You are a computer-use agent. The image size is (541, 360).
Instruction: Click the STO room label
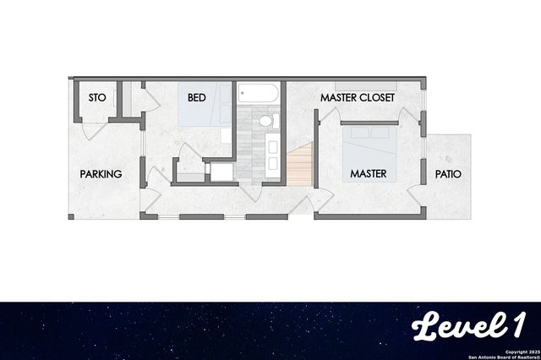97,98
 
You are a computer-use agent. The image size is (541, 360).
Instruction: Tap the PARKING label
101,174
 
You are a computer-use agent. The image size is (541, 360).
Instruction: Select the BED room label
197,98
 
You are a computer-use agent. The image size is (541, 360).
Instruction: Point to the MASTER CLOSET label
357,98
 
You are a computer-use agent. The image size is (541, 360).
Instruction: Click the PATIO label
448,174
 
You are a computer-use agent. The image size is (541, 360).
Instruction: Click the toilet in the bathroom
265,121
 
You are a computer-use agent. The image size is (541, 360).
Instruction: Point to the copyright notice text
511,353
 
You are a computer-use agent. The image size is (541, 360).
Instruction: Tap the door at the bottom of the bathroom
250,193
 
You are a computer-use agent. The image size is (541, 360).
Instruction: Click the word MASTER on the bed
369,174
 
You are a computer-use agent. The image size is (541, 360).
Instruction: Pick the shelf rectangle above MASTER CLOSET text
365,85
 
